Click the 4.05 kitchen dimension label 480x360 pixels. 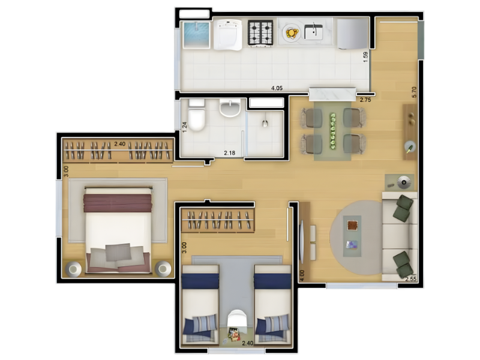coord(277,88)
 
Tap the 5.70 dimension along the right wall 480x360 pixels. coord(414,92)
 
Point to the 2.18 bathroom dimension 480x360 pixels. coord(230,153)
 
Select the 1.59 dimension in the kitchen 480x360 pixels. coord(365,57)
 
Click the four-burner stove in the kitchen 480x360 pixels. coord(260,33)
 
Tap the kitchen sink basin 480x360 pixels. coord(313,32)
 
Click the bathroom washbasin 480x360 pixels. coord(230,108)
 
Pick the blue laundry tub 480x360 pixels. coord(197,35)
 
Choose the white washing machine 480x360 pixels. coord(228,34)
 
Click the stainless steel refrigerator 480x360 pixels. coord(353,34)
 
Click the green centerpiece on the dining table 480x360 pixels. coord(333,131)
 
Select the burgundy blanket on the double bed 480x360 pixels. coord(118,203)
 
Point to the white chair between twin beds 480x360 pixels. coord(236,319)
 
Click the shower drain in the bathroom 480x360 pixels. coord(265,124)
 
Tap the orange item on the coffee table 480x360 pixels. coord(352,226)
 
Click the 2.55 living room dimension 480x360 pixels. coord(411,279)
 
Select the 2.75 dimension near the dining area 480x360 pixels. coord(365,100)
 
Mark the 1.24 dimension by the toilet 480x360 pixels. coord(185,127)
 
